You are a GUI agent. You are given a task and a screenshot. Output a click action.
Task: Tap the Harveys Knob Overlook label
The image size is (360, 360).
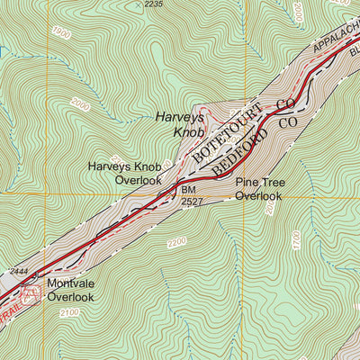pyautogui.click(x=124, y=173)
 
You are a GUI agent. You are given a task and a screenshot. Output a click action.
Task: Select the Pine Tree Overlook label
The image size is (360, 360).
pyautogui.click(x=260, y=188)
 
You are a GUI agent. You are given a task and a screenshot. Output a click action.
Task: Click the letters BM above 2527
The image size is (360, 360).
pyautogui.click(x=187, y=191)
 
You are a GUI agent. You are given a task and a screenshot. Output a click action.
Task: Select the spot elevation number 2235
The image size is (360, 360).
pyautogui.click(x=154, y=4)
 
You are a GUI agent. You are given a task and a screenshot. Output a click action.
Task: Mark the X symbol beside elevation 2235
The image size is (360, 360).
pyautogui.click(x=137, y=4)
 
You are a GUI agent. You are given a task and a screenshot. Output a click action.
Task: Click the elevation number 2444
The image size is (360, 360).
pyautogui.click(x=20, y=270)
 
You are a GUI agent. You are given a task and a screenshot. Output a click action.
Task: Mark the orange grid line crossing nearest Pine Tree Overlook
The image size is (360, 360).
pyautogui.click(x=244, y=194)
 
